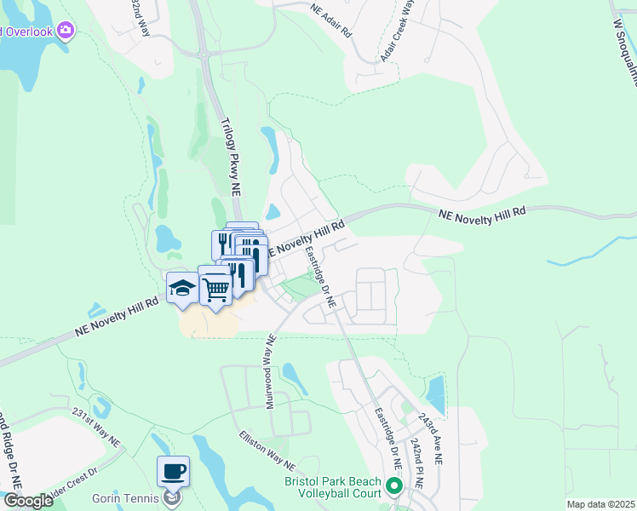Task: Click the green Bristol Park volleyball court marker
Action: [393, 487]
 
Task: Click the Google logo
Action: [27, 501]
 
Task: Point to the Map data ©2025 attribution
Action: [600, 504]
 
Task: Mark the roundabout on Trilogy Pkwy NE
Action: [205, 57]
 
